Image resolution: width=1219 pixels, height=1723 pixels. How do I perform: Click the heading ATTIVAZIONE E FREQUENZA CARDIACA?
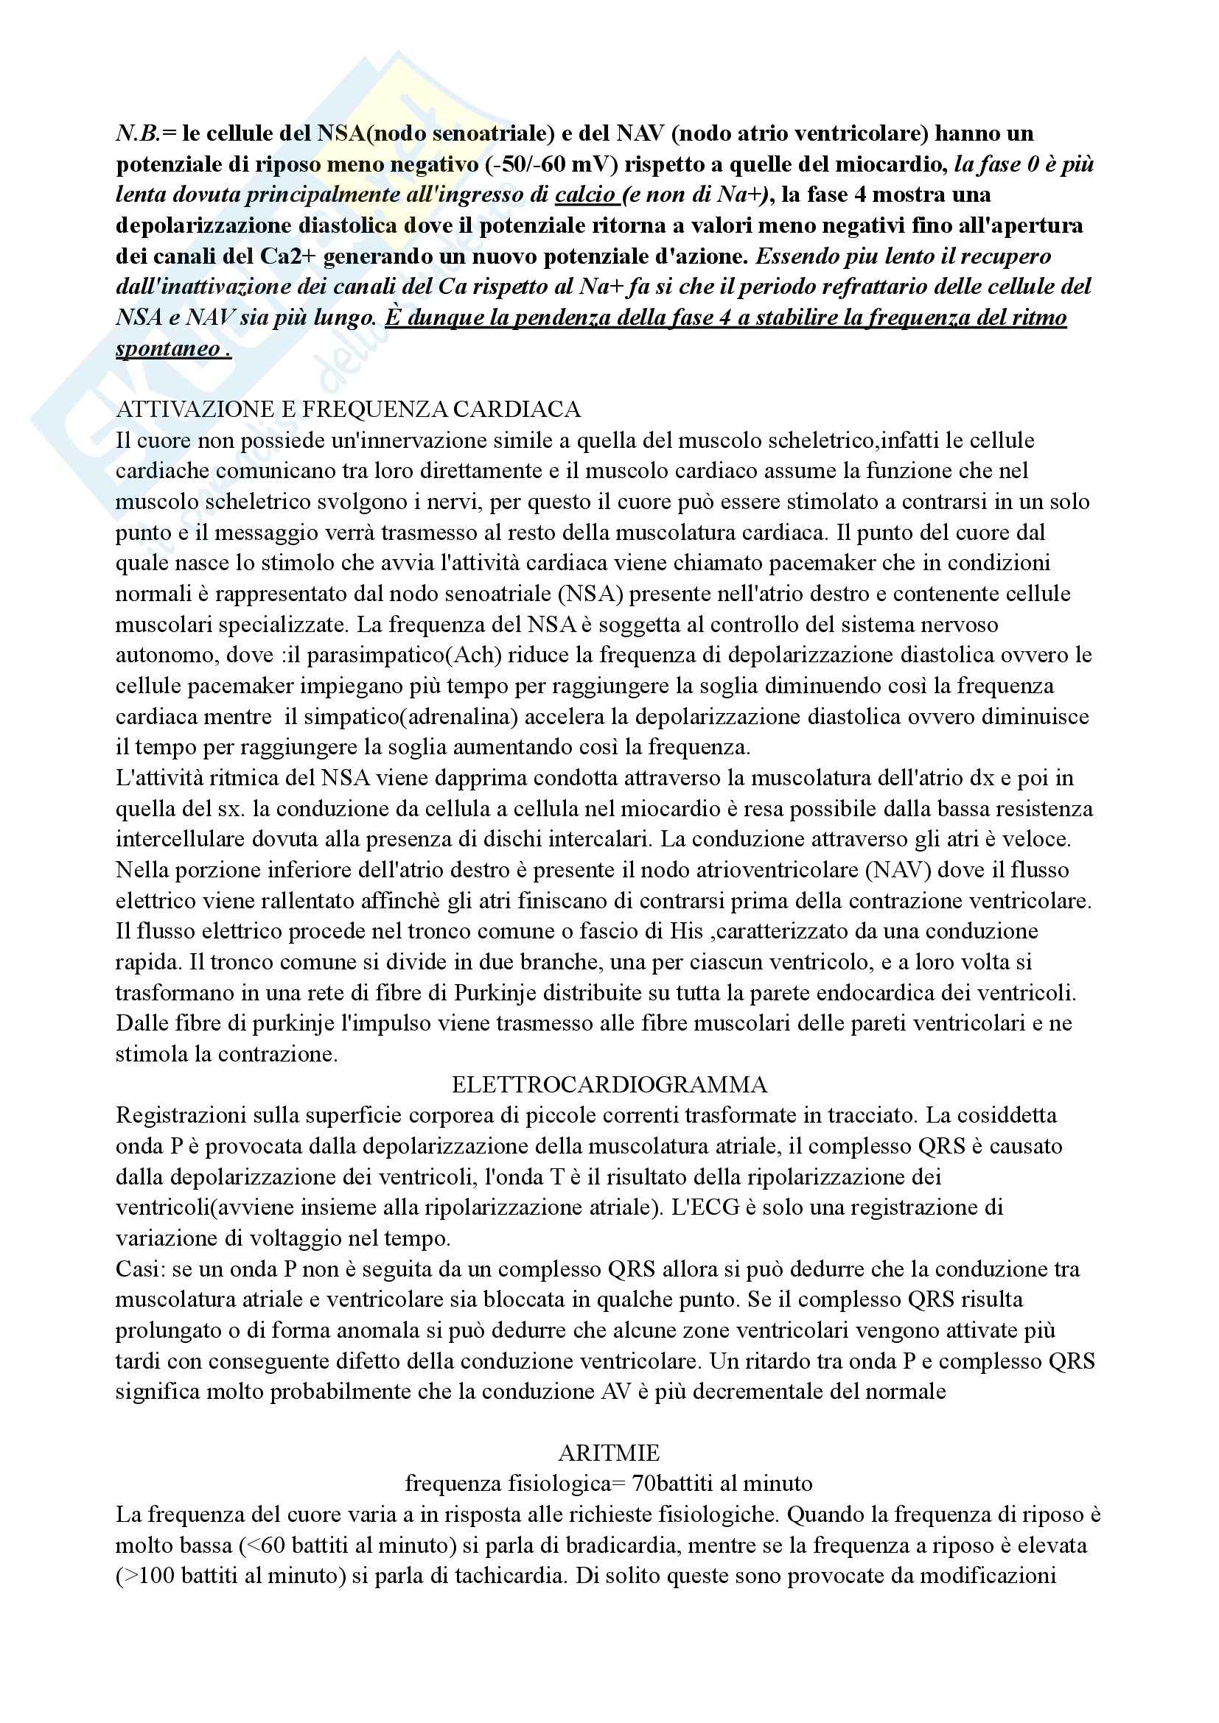tap(349, 410)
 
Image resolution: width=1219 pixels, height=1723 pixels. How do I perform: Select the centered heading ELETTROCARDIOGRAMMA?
tap(609, 1085)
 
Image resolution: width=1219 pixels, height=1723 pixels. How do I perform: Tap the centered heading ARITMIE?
tap(609, 1453)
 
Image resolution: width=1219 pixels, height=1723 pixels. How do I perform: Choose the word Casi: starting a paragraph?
tap(139, 1269)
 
